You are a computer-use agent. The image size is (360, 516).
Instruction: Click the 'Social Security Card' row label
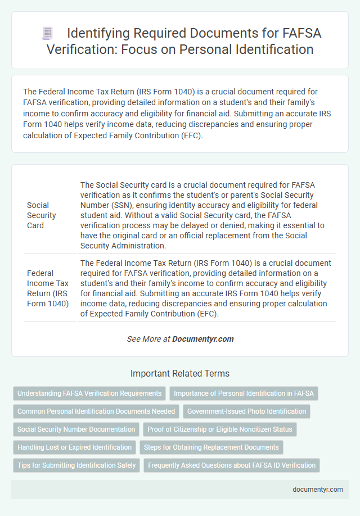(42, 215)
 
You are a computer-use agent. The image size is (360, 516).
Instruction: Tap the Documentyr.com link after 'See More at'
(202, 339)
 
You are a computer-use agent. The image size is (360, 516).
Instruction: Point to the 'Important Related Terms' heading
(180, 373)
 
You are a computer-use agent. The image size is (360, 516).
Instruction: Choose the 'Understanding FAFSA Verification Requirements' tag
(89, 393)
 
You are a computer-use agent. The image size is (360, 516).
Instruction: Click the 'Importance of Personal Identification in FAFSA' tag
(244, 393)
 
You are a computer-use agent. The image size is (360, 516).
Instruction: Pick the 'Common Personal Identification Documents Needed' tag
(96, 411)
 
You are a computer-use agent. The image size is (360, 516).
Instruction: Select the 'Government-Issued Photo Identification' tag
(246, 411)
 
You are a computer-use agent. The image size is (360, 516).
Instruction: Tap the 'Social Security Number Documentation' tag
(76, 429)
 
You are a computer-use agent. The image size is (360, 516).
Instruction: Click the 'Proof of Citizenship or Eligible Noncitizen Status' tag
(220, 429)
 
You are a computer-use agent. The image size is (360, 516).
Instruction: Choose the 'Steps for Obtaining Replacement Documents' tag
(211, 447)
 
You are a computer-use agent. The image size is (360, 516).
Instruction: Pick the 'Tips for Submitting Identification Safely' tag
(76, 465)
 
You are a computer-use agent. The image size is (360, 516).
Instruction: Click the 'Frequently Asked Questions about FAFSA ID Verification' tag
(232, 465)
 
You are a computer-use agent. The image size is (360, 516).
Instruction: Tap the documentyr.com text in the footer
(318, 489)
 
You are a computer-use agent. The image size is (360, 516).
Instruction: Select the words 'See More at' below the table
(148, 339)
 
